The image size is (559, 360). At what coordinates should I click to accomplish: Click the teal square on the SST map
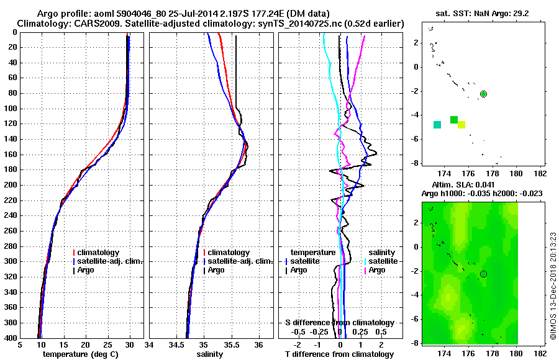click(x=437, y=125)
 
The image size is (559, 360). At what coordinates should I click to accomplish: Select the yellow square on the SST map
click(x=461, y=125)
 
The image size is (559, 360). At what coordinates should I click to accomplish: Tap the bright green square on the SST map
click(x=454, y=120)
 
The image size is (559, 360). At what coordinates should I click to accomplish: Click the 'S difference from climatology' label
click(x=339, y=323)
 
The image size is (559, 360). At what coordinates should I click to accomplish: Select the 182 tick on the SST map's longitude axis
click(x=540, y=173)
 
